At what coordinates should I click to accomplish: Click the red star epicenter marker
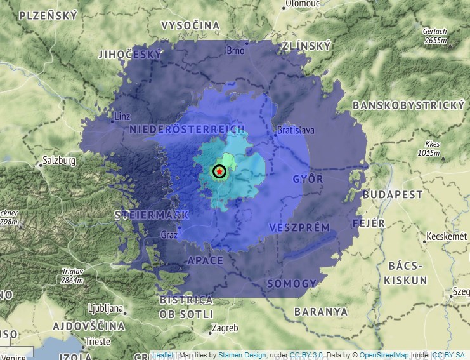219,171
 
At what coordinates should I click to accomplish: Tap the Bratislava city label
296,131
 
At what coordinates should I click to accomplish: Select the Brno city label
235,50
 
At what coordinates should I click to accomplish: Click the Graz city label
169,234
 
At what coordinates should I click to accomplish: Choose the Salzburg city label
59,161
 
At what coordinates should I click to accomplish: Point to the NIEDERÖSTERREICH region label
187,130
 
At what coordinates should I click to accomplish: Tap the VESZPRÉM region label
299,227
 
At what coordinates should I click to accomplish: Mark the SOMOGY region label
291,283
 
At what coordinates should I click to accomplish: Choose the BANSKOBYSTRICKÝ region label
409,105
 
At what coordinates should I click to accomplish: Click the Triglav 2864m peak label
72,276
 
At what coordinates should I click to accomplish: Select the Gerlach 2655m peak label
436,36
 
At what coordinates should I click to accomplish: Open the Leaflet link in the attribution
163,355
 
